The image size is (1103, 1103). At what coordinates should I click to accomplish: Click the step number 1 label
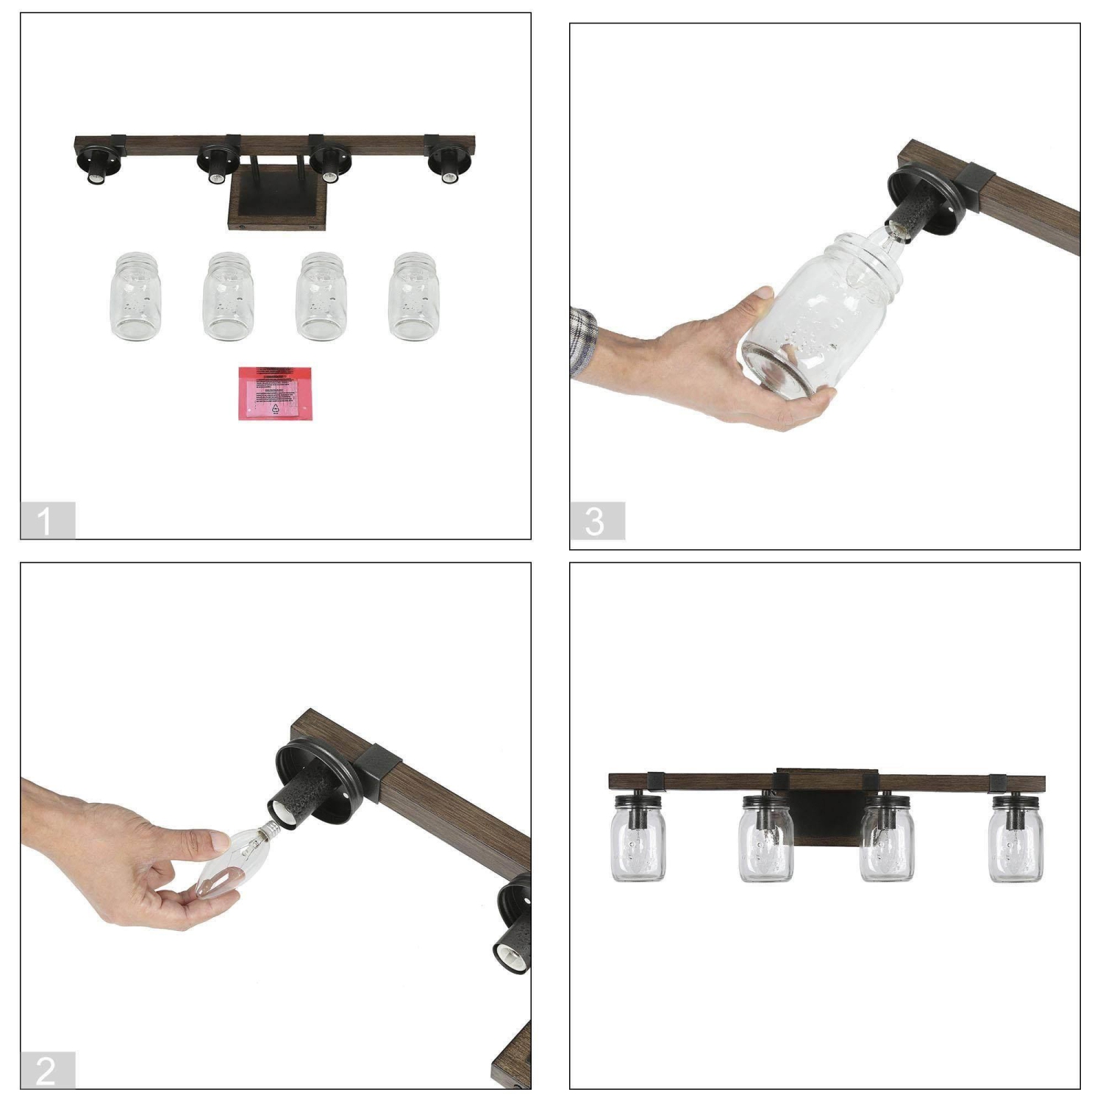[x=46, y=521]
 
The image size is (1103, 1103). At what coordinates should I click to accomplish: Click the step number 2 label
[x=46, y=1071]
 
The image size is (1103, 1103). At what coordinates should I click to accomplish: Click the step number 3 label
[x=596, y=521]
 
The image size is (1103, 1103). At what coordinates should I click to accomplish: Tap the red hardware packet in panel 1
[x=275, y=393]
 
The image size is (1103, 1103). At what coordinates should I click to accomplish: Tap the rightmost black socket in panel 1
[x=447, y=163]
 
